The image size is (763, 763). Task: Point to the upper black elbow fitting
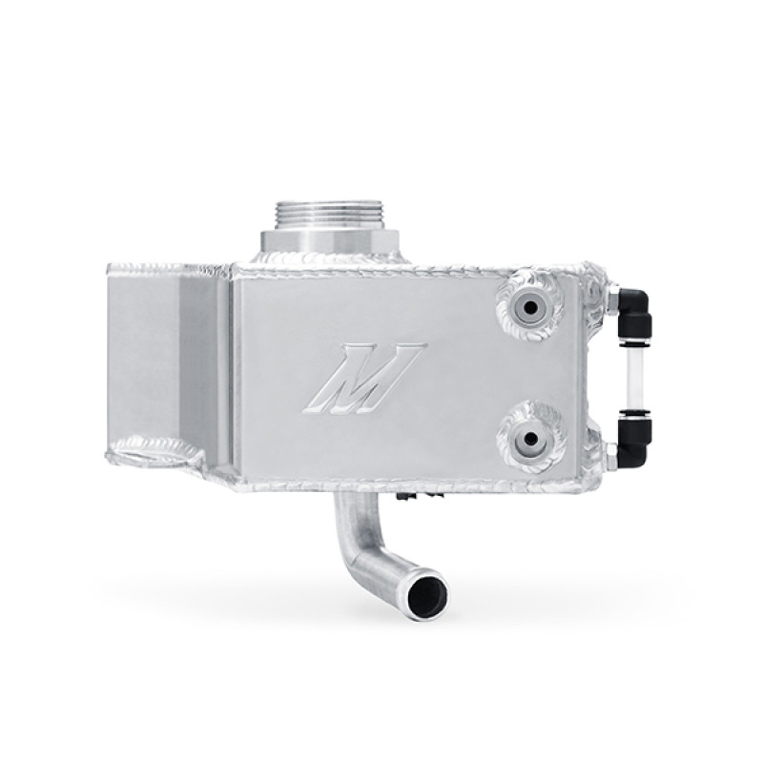pos(626,310)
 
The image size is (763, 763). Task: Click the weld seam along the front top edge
pos(410,266)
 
